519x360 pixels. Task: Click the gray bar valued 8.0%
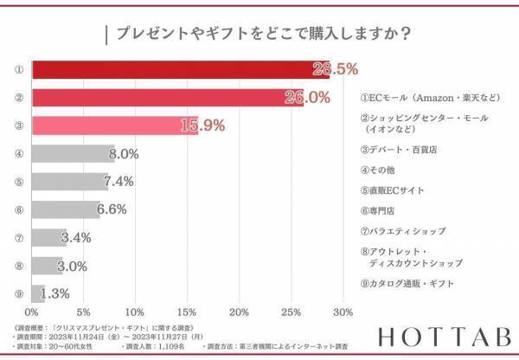click(73, 154)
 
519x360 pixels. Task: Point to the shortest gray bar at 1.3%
click(37, 293)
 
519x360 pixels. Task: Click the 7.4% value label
click(118, 182)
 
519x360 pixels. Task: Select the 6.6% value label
click(112, 209)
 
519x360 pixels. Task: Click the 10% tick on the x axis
click(135, 312)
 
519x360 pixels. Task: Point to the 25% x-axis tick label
click(292, 312)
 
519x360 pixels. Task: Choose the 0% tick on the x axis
click(32, 312)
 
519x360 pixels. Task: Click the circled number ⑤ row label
click(18, 183)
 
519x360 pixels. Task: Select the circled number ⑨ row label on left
click(18, 293)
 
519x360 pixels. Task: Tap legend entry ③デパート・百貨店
click(399, 150)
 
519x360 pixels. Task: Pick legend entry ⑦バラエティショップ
click(403, 231)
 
